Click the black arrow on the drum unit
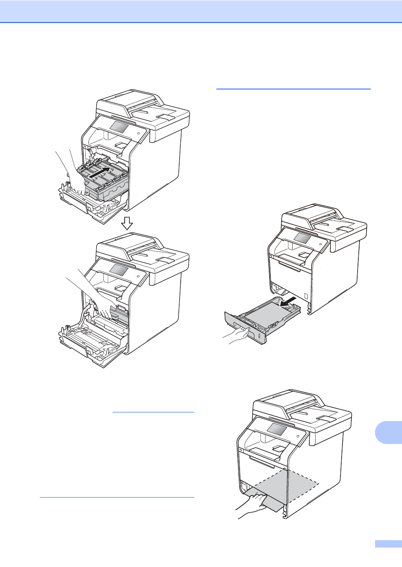pyautogui.click(x=100, y=172)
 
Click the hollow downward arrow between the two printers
pyautogui.click(x=127, y=223)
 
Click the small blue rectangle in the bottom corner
pyautogui.click(x=388, y=544)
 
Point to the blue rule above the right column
pyautogui.click(x=293, y=89)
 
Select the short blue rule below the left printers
pyautogui.click(x=153, y=412)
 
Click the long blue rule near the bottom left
pyautogui.click(x=117, y=497)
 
